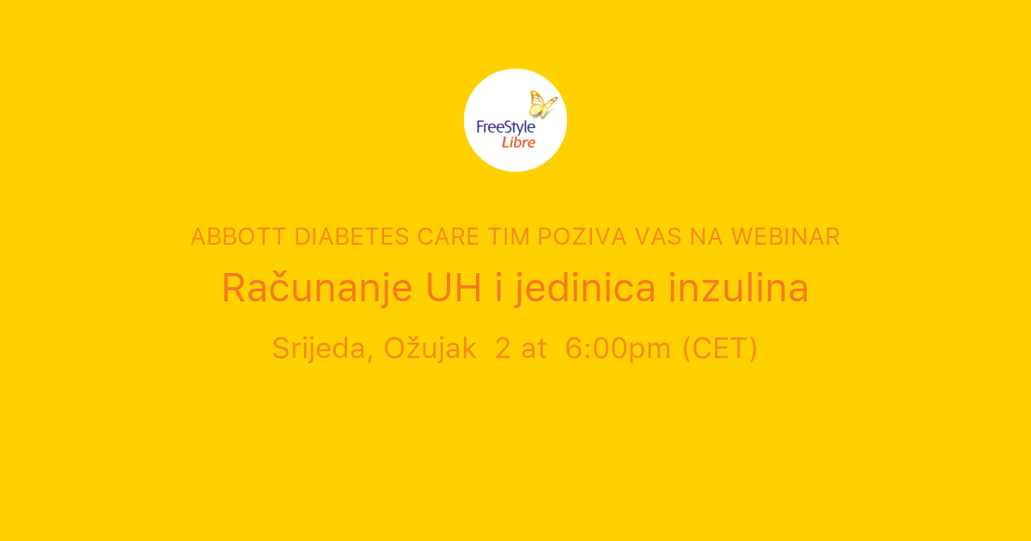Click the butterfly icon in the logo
[542, 104]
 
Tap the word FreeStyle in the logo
[505, 127]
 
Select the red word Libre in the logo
[518, 142]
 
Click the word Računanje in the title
[318, 289]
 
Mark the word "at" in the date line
[533, 349]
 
